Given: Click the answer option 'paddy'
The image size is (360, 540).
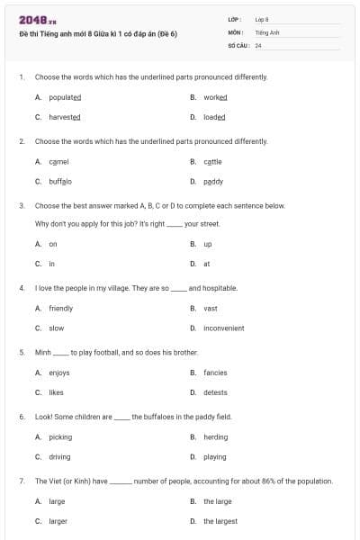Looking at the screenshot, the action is (x=213, y=181).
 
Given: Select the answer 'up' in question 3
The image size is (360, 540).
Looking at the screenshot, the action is (x=207, y=244).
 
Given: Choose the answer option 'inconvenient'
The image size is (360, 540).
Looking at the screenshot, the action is (x=223, y=328).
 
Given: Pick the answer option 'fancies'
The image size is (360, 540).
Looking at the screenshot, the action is (x=215, y=373).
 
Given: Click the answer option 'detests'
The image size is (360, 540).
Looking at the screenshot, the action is (x=215, y=392).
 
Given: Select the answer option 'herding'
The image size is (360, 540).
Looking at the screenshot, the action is (x=215, y=437).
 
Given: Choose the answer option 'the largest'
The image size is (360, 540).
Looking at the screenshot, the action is (x=220, y=521).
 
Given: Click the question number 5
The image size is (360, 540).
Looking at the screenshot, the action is (x=21, y=353).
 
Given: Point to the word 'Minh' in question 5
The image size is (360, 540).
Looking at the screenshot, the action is (x=42, y=353).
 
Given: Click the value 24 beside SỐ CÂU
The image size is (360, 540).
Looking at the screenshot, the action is (x=258, y=44).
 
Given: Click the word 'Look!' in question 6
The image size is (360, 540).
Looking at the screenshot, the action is (x=43, y=418).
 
